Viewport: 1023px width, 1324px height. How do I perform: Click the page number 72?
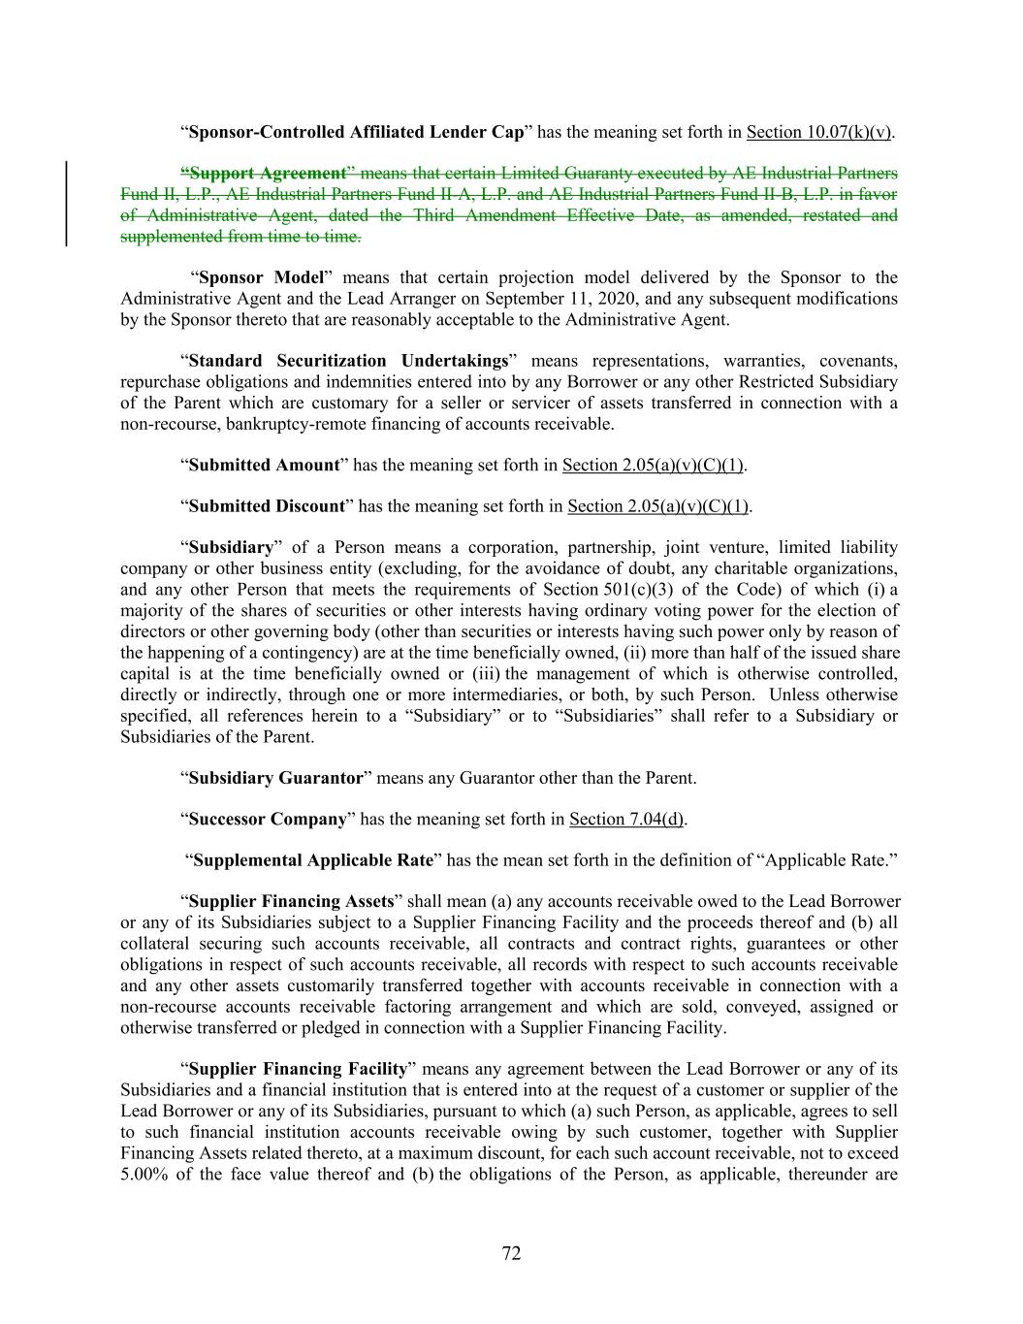(x=511, y=1253)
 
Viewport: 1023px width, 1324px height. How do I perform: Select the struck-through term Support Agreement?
(x=268, y=174)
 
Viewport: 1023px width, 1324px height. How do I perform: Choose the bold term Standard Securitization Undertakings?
(x=348, y=361)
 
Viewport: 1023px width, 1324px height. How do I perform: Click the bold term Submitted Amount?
(x=264, y=465)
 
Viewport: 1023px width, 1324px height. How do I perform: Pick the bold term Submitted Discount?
(x=267, y=506)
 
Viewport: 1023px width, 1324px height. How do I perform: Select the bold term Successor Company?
(x=268, y=820)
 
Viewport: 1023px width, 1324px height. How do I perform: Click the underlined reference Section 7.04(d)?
(x=626, y=820)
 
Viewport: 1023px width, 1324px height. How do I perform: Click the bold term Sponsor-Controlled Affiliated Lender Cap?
(x=356, y=132)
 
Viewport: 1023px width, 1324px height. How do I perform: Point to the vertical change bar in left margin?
(x=66, y=204)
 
